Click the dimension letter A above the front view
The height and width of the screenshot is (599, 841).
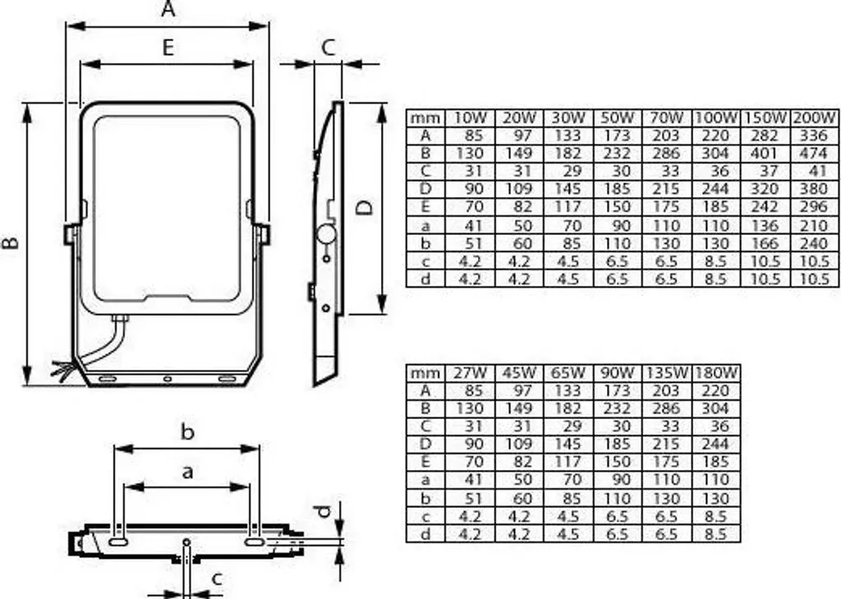168,9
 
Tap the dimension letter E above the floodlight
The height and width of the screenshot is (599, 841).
168,48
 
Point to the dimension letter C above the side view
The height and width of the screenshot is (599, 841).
329,48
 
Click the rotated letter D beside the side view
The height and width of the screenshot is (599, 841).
365,207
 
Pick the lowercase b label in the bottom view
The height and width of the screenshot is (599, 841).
187,431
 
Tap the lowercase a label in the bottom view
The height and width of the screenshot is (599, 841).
187,472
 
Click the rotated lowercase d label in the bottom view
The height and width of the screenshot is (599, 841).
323,511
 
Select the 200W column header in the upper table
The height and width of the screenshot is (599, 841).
814,118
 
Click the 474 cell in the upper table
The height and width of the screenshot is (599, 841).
814,154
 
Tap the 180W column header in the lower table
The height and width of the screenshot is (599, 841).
715,372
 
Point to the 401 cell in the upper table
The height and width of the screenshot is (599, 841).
764,154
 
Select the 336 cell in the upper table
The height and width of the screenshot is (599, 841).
814,136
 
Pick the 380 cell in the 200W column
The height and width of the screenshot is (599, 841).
814,189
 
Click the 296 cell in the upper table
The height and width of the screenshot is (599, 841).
814,207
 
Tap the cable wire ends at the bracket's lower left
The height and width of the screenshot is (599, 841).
62,371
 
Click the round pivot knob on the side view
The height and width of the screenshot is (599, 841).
325,234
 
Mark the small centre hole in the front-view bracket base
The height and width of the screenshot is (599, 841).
168,379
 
